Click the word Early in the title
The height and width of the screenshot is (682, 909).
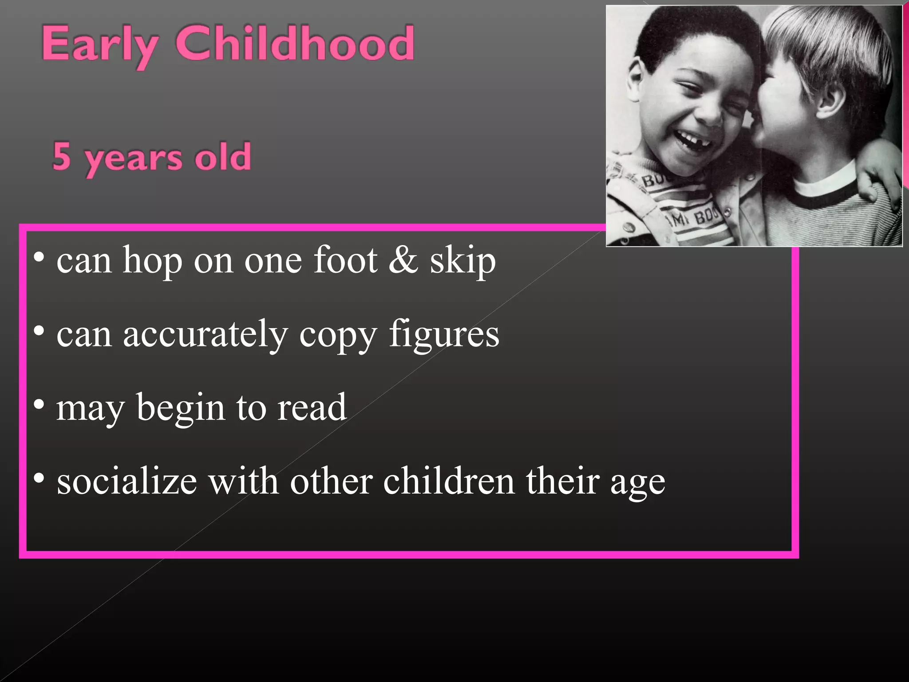(100, 44)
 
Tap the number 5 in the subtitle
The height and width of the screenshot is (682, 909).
(62, 156)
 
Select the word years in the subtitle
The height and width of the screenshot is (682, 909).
(134, 159)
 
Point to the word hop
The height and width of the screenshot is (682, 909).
(152, 261)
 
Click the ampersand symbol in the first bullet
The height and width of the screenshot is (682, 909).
(403, 259)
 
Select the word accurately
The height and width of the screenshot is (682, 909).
(205, 335)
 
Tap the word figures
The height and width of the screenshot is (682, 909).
(444, 335)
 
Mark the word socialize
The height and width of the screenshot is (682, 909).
(127, 481)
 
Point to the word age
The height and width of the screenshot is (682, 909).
(637, 484)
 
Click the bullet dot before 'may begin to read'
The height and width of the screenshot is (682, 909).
(39, 404)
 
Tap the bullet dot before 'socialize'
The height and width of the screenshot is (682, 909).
(39, 478)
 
